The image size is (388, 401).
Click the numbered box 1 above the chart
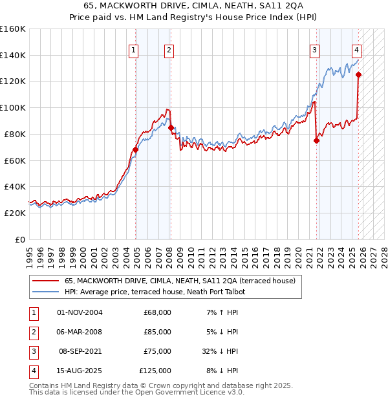(133, 50)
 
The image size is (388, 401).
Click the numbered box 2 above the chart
(169, 50)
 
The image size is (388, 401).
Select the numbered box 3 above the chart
(314, 50)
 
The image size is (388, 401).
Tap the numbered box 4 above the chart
(356, 50)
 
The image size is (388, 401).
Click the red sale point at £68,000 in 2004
(135, 149)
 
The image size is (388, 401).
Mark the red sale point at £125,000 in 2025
(359, 74)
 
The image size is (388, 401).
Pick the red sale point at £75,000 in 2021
(317, 140)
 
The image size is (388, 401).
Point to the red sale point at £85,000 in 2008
(171, 127)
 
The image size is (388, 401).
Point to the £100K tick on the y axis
(14, 107)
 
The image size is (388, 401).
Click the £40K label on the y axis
(14, 186)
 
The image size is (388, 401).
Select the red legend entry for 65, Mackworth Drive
(180, 281)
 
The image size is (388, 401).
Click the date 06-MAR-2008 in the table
(80, 332)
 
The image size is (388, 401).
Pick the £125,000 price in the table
(155, 371)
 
